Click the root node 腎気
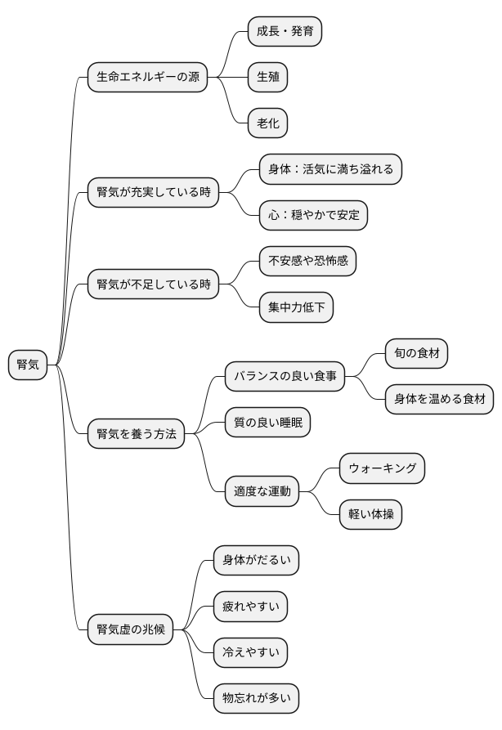tap(29, 365)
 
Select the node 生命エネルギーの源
tap(147, 78)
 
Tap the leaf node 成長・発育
tap(285, 32)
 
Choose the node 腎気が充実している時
tap(154, 193)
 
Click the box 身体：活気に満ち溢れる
tap(330, 170)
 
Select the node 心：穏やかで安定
tap(313, 216)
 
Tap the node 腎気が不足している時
tap(154, 285)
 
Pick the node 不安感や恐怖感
tap(307, 262)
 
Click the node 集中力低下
tap(296, 308)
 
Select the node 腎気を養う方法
tap(137, 434)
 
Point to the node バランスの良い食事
tap(285, 378)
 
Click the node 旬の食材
tap(417, 353)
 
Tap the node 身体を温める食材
tap(440, 399)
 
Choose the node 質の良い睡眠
tap(268, 423)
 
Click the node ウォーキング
tap(382, 468)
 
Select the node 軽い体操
tap(370, 514)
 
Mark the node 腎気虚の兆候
tap(131, 629)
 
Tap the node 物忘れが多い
tap(256, 698)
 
